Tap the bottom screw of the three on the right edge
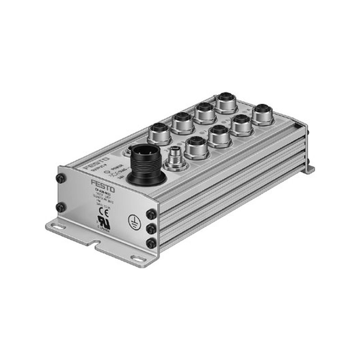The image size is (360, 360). pyautogui.click(x=151, y=244)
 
